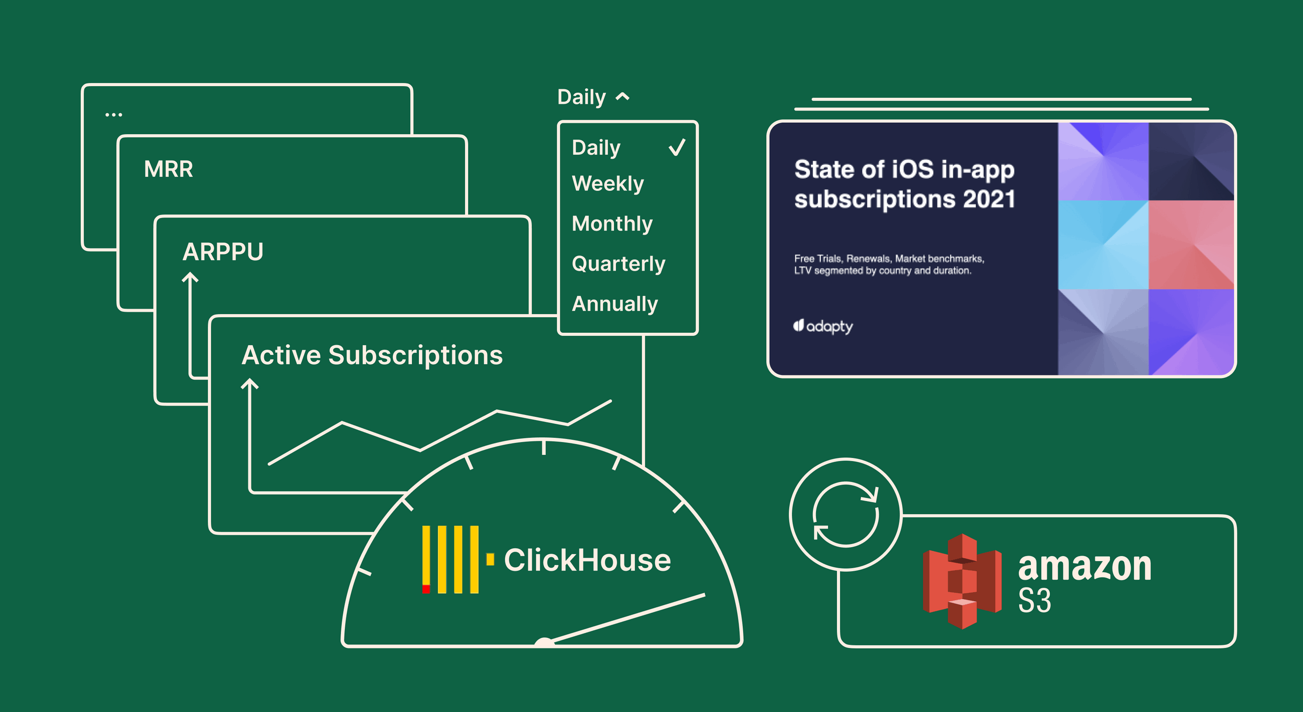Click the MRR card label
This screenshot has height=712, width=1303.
point(168,169)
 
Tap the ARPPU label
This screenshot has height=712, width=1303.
point(223,252)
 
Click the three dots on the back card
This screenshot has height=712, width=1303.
point(113,115)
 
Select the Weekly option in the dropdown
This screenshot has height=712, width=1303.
point(607,183)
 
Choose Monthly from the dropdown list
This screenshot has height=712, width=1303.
point(612,223)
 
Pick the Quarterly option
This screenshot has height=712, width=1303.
point(618,264)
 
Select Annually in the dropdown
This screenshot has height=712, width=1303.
point(614,304)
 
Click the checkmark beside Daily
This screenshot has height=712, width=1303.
point(677,148)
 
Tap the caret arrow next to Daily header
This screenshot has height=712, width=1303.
point(622,97)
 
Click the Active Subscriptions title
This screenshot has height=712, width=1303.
point(372,355)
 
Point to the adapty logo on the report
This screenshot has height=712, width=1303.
point(823,326)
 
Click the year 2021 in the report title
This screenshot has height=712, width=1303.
point(989,199)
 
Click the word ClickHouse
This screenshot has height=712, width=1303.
point(587,560)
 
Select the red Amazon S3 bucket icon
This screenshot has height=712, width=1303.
point(962,582)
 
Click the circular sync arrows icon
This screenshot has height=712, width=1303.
point(845,514)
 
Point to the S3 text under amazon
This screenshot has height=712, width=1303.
point(1034,601)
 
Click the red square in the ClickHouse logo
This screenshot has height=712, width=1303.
point(426,589)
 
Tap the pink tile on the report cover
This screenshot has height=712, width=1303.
point(1191,245)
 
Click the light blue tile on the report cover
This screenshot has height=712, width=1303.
point(1103,245)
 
